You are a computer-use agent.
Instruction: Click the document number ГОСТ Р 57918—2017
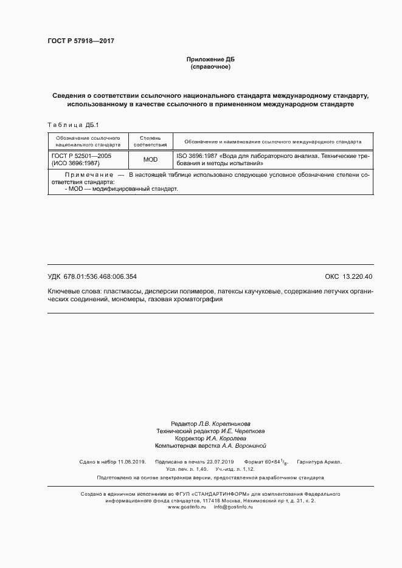[x=81, y=41]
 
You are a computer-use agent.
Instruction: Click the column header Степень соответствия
[x=150, y=142]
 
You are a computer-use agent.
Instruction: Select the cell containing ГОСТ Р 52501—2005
[x=81, y=156]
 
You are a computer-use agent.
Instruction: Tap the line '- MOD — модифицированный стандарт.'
[x=122, y=189]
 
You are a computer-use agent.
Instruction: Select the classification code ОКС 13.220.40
[x=348, y=276]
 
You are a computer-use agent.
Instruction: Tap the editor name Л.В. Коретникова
[x=223, y=423]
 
